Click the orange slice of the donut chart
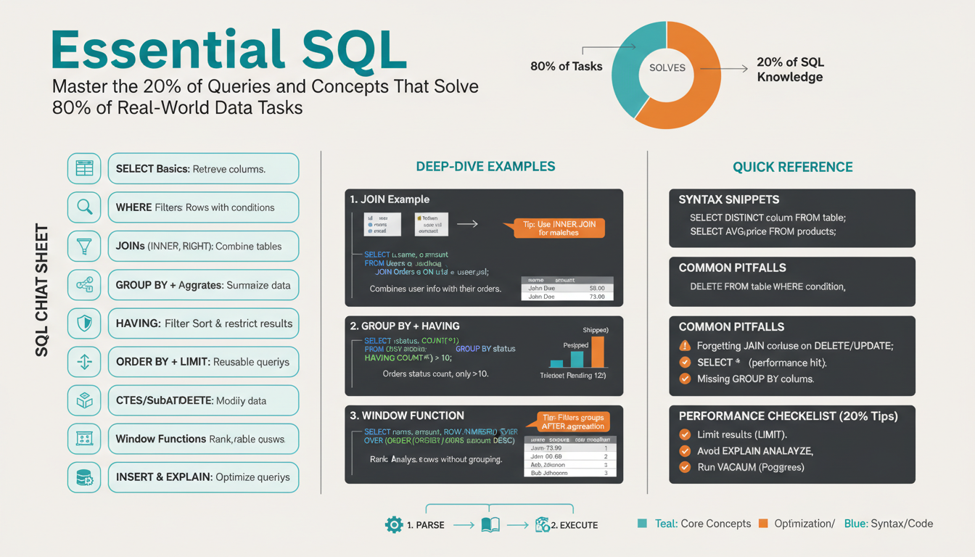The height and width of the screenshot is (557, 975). [x=696, y=87]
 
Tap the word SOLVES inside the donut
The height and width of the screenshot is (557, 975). [x=666, y=68]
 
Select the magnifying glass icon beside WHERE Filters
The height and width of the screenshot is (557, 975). [x=84, y=207]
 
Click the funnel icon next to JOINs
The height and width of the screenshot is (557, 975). [x=84, y=247]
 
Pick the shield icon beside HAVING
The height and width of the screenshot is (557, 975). [x=84, y=323]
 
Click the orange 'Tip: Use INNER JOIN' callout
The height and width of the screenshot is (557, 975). [x=554, y=228]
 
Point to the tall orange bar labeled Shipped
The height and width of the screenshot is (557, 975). [x=598, y=351]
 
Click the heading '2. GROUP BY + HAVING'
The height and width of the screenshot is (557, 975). [x=405, y=326]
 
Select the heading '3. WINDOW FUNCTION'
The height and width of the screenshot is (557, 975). [x=407, y=416]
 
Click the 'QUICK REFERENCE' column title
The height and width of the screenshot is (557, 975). [x=792, y=168]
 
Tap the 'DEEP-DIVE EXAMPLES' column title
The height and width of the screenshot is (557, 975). [x=485, y=167]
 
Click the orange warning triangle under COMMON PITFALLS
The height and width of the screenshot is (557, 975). [x=684, y=346]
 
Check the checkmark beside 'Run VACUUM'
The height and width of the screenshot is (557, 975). [x=684, y=467]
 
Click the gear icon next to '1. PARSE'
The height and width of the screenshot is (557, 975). [x=394, y=525]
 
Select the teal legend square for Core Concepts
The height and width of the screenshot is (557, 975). [x=641, y=524]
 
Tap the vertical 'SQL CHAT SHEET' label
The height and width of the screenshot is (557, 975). [x=41, y=290]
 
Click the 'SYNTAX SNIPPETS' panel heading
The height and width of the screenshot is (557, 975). [x=730, y=199]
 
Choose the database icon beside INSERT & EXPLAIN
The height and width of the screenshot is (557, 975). [x=84, y=477]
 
